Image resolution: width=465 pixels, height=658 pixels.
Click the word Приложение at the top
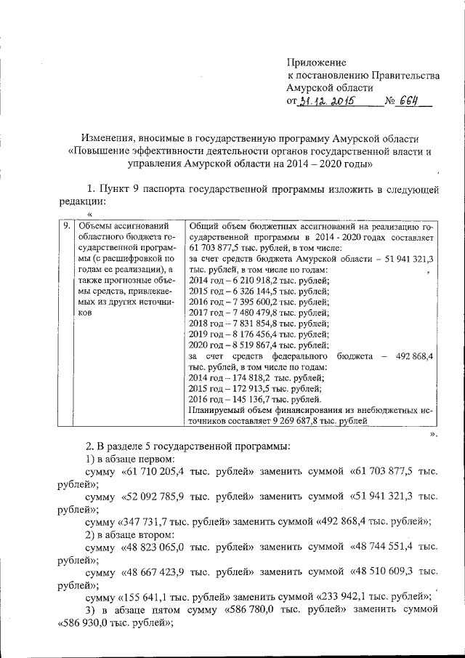click(316, 63)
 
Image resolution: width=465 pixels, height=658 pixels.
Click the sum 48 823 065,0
click(159, 547)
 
